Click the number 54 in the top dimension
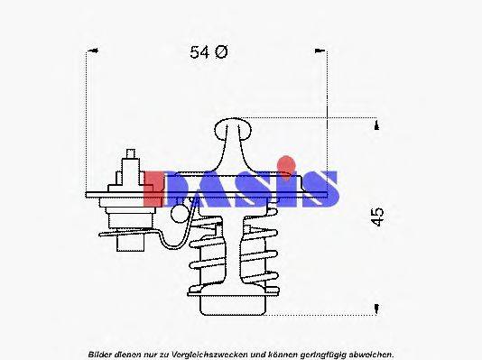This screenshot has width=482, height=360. (x=199, y=52)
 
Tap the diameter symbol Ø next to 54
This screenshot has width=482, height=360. (x=222, y=52)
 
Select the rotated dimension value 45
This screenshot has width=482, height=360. (x=378, y=217)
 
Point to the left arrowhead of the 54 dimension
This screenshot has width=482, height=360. (x=88, y=53)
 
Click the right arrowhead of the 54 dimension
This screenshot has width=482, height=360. (x=324, y=53)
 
